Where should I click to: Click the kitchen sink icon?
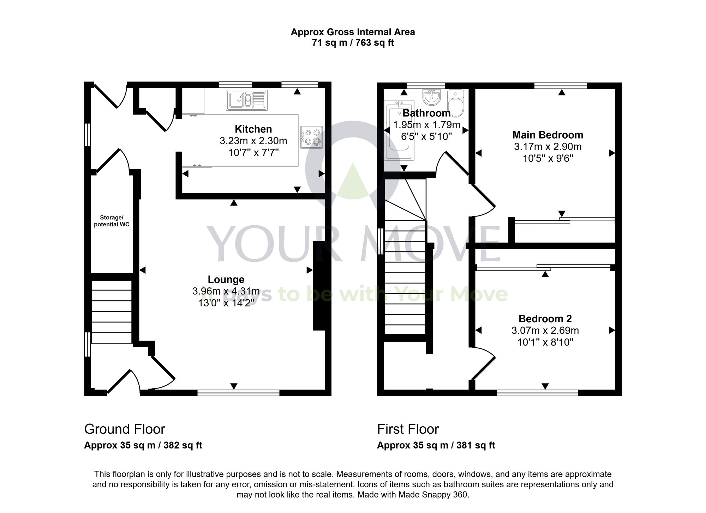click(247, 100)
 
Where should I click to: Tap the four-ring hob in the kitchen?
click(312, 137)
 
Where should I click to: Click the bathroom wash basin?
click(431, 97)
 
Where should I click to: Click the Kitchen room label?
click(253, 129)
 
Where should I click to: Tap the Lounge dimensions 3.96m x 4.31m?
click(226, 291)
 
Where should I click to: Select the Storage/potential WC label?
click(112, 221)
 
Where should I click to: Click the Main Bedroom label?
click(548, 135)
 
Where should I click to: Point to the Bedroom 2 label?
click(545, 319)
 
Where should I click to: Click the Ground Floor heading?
click(125, 429)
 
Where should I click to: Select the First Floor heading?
click(408, 429)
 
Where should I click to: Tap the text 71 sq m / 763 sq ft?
click(353, 43)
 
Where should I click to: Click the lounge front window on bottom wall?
click(238, 393)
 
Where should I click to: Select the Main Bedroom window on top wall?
click(560, 86)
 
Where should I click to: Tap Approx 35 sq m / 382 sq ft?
click(143, 445)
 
